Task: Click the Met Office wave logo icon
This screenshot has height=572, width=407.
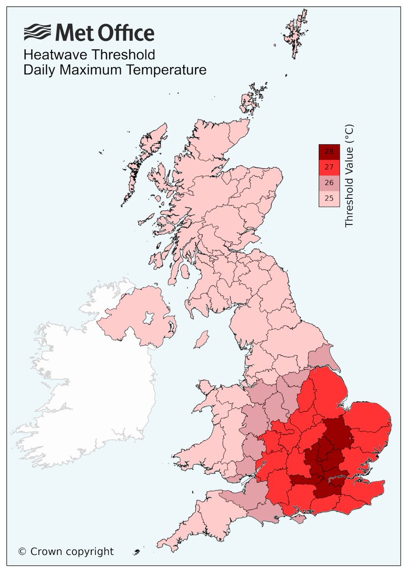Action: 38,33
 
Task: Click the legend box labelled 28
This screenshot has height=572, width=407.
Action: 329,152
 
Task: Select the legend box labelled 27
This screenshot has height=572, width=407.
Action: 329,167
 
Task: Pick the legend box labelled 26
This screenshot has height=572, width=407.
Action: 329,183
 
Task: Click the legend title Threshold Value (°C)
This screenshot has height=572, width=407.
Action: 349,175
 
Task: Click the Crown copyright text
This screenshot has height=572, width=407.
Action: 66,552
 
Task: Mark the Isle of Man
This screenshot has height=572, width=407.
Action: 202,340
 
